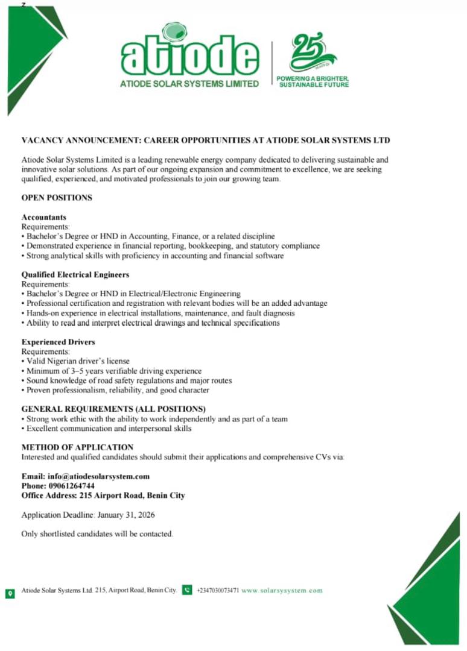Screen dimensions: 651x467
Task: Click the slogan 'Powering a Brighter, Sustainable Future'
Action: (x=313, y=82)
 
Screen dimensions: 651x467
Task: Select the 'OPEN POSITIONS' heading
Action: (x=57, y=198)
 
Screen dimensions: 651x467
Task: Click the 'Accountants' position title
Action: (x=44, y=217)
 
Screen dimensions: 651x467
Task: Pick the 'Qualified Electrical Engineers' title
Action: (x=75, y=275)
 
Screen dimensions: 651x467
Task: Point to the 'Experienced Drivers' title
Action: (x=59, y=342)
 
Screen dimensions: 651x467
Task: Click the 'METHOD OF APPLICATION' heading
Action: (x=77, y=447)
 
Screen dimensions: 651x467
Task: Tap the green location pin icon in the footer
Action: (x=10, y=591)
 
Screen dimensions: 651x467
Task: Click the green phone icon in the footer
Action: (x=187, y=591)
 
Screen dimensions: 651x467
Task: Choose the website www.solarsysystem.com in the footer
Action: (x=282, y=591)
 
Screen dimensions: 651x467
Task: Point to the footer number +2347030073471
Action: (x=218, y=591)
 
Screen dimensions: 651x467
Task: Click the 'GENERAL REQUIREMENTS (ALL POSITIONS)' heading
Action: (x=113, y=409)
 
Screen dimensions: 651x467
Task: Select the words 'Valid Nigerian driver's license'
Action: (x=78, y=362)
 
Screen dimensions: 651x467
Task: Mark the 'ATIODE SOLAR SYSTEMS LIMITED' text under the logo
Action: (x=190, y=83)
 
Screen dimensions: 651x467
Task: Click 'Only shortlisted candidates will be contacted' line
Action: (x=97, y=534)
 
